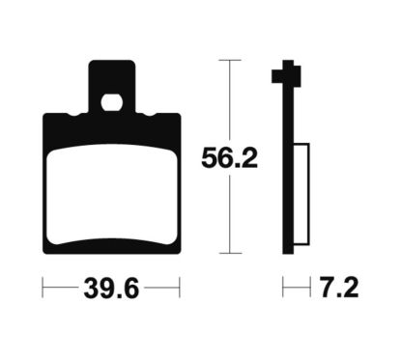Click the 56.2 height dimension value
point(229,158)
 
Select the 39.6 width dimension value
point(111,288)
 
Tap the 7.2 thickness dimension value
point(338,288)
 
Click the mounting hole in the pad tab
point(111,103)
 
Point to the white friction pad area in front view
point(111,195)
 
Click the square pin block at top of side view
point(286,74)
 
